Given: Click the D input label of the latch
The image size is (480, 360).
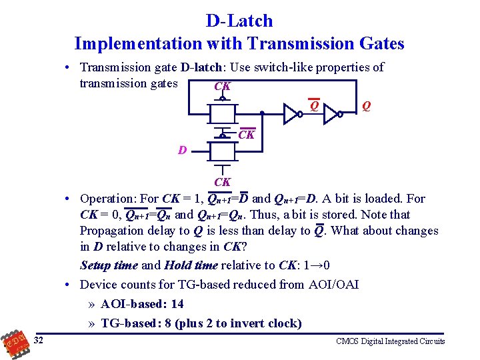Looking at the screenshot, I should click(x=182, y=151).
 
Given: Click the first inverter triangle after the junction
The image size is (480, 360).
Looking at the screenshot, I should click(x=292, y=114).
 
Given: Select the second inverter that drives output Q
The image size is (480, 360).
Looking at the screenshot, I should click(x=331, y=114).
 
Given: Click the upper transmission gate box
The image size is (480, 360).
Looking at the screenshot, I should click(x=222, y=114).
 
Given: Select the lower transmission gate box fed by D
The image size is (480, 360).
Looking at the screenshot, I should click(x=222, y=152).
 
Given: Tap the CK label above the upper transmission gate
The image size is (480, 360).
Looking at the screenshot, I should click(x=222, y=87).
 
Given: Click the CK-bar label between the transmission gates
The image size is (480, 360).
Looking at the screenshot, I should click(x=246, y=135).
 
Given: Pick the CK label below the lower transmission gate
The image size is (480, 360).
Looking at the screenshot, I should click(x=222, y=182).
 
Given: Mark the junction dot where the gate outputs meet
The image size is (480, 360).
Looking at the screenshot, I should click(x=262, y=114).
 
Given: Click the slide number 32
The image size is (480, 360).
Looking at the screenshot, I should click(x=39, y=341).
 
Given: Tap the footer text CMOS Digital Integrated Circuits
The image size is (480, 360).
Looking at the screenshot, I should click(x=390, y=341).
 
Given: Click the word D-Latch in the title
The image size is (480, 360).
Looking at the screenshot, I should click(x=239, y=21).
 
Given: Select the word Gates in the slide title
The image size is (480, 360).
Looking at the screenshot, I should click(x=379, y=44).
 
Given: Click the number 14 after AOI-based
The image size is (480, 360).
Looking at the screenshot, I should click(x=177, y=304).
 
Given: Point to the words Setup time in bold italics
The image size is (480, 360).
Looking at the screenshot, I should click(x=109, y=265).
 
